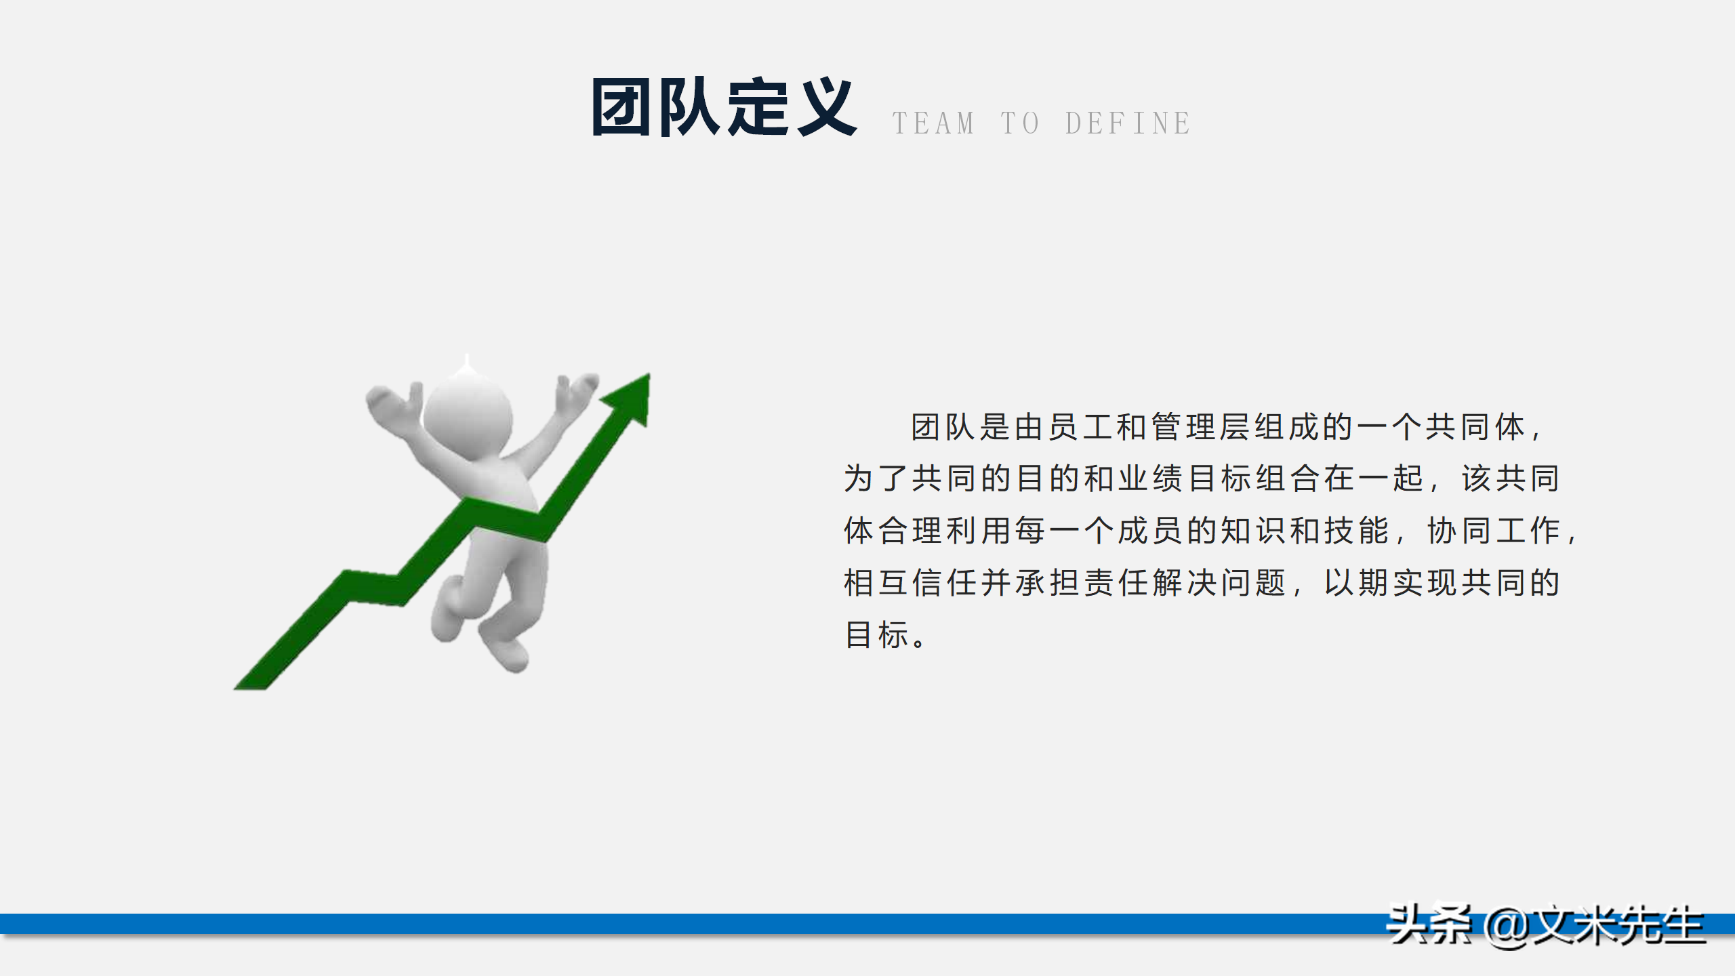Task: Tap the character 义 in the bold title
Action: [825, 107]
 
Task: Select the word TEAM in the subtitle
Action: [933, 124]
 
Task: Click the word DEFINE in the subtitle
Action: [1128, 124]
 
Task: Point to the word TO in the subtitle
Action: [1020, 124]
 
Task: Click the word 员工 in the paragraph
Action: [1082, 428]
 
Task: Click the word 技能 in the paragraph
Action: [1357, 531]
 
